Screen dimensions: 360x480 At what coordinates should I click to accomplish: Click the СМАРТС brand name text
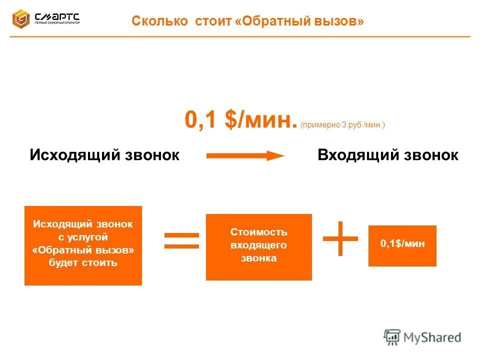pyautogui.click(x=56, y=16)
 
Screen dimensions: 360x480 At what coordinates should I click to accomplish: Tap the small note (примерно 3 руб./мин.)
pyautogui.click(x=343, y=125)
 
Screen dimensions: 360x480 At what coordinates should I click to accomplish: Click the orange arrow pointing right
pyautogui.click(x=245, y=155)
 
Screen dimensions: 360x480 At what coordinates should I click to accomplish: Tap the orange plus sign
pyautogui.click(x=340, y=238)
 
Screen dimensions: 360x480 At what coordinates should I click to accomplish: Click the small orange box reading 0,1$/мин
pyautogui.click(x=402, y=245)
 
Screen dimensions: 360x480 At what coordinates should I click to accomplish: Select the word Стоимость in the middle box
pyautogui.click(x=258, y=232)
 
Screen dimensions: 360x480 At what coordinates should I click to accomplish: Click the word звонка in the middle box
pyautogui.click(x=258, y=258)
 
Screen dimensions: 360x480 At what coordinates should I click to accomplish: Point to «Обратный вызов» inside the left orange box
pyautogui.click(x=83, y=249)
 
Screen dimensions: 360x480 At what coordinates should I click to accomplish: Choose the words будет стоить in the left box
pyautogui.click(x=83, y=262)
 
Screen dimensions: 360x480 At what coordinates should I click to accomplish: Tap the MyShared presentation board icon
pyautogui.click(x=392, y=337)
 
